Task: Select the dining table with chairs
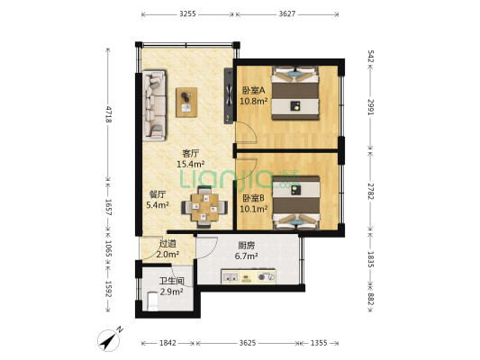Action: [203, 206]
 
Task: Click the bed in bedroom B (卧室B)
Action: [297, 203]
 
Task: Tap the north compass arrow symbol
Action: [109, 340]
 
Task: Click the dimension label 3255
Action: [187, 14]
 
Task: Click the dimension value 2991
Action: [370, 105]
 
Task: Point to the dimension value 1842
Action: [168, 343]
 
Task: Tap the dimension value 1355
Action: [319, 343]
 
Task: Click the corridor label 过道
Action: [167, 243]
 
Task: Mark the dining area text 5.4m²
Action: [159, 206]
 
